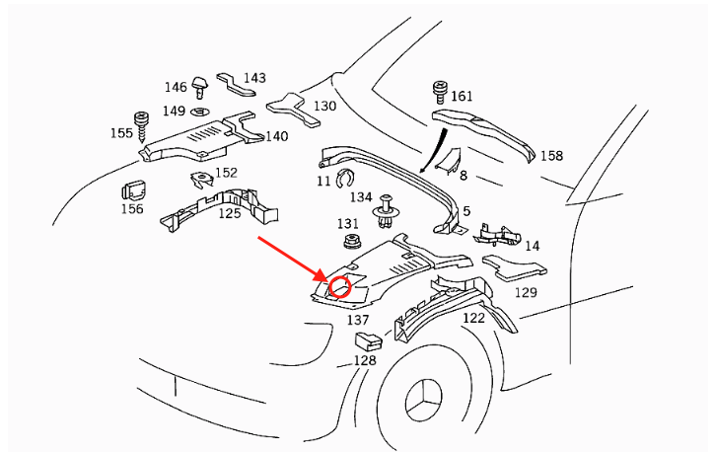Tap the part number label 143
254,78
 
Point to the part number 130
324,106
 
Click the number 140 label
276,136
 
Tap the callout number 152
227,173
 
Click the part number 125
230,213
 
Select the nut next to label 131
349,242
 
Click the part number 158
551,156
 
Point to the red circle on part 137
340,287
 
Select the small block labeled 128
367,341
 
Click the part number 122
473,318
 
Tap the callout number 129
527,293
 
